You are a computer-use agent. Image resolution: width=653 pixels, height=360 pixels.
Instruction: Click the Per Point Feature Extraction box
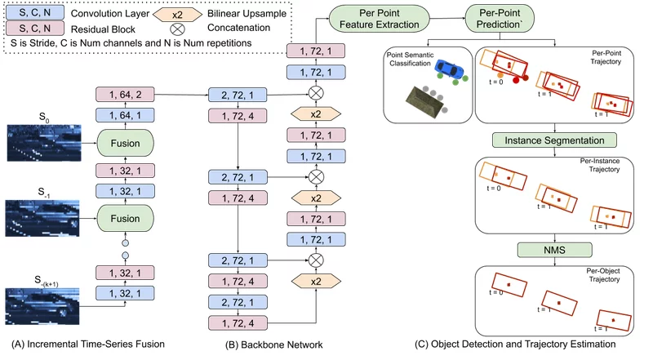(x=379, y=19)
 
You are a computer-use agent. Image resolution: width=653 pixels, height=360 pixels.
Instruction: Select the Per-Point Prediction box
(x=500, y=19)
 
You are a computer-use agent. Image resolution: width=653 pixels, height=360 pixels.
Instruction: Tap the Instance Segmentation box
(x=554, y=140)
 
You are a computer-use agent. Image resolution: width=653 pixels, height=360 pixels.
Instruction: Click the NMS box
(x=554, y=250)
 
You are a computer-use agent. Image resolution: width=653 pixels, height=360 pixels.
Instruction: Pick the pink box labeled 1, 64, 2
(x=125, y=95)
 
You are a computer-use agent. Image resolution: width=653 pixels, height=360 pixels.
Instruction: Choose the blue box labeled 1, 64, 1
(x=125, y=115)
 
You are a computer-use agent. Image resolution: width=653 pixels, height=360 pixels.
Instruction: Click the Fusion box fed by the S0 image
(x=125, y=143)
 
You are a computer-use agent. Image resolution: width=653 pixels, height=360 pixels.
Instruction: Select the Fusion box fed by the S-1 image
(x=125, y=218)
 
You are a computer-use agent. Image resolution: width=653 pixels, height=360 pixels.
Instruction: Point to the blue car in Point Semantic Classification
(x=449, y=69)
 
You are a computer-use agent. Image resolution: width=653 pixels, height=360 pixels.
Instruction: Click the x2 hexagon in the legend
(x=177, y=15)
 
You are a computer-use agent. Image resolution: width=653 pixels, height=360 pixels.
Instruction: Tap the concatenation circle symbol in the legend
(x=177, y=29)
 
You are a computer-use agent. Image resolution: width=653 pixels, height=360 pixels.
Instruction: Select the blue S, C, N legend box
(x=35, y=12)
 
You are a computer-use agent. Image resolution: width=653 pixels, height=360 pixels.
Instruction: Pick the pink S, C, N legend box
(x=35, y=29)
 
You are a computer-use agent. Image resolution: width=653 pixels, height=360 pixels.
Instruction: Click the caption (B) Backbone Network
(x=274, y=344)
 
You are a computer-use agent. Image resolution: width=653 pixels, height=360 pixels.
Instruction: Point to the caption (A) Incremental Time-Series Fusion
(x=88, y=344)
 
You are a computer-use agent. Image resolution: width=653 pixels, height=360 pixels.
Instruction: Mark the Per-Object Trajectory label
(x=604, y=275)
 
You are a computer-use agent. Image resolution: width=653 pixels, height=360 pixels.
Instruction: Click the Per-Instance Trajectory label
(x=600, y=165)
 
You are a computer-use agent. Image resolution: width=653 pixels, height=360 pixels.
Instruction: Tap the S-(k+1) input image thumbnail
(x=42, y=306)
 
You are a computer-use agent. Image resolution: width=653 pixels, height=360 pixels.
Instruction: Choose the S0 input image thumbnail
(x=44, y=143)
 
